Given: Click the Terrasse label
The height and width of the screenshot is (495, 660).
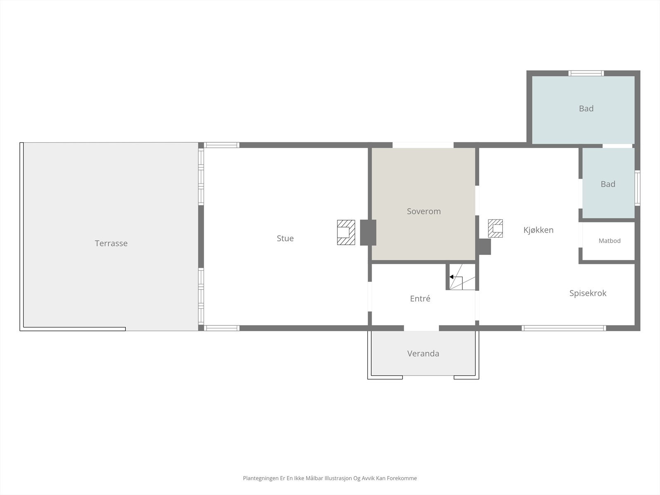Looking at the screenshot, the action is point(111,243).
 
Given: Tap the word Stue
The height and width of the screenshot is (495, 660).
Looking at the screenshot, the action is point(285,238).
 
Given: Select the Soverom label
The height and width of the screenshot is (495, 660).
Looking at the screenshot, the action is point(424,211).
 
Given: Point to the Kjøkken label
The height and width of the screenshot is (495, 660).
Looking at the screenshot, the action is point(538,230).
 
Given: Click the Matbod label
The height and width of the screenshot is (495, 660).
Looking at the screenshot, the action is point(610,241).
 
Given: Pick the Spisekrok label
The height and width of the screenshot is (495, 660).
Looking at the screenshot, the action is point(588,293).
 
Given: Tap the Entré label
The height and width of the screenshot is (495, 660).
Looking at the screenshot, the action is point(420,298).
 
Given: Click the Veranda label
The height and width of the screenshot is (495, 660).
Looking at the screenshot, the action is point(423,354).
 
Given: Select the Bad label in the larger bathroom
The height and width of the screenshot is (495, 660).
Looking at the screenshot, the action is point(586,108).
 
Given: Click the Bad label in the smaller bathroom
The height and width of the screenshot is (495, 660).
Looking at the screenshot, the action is point(608,184).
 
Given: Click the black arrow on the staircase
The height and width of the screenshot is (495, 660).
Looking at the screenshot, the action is point(451,277).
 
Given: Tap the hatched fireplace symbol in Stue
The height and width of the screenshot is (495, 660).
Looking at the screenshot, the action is point(346,232).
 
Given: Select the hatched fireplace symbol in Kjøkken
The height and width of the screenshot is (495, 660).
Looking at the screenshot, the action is point(495,229).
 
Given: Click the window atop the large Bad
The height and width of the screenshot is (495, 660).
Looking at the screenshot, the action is point(586,73).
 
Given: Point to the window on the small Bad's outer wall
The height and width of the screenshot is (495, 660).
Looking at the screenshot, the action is point(637,188).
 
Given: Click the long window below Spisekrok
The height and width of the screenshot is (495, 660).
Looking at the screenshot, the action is point(563,328).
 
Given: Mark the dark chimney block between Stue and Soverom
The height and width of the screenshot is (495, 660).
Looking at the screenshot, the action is point(368,232).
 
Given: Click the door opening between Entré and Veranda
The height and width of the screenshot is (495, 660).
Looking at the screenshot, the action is point(421,328).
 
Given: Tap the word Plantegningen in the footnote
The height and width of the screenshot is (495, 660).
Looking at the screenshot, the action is point(261,478).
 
